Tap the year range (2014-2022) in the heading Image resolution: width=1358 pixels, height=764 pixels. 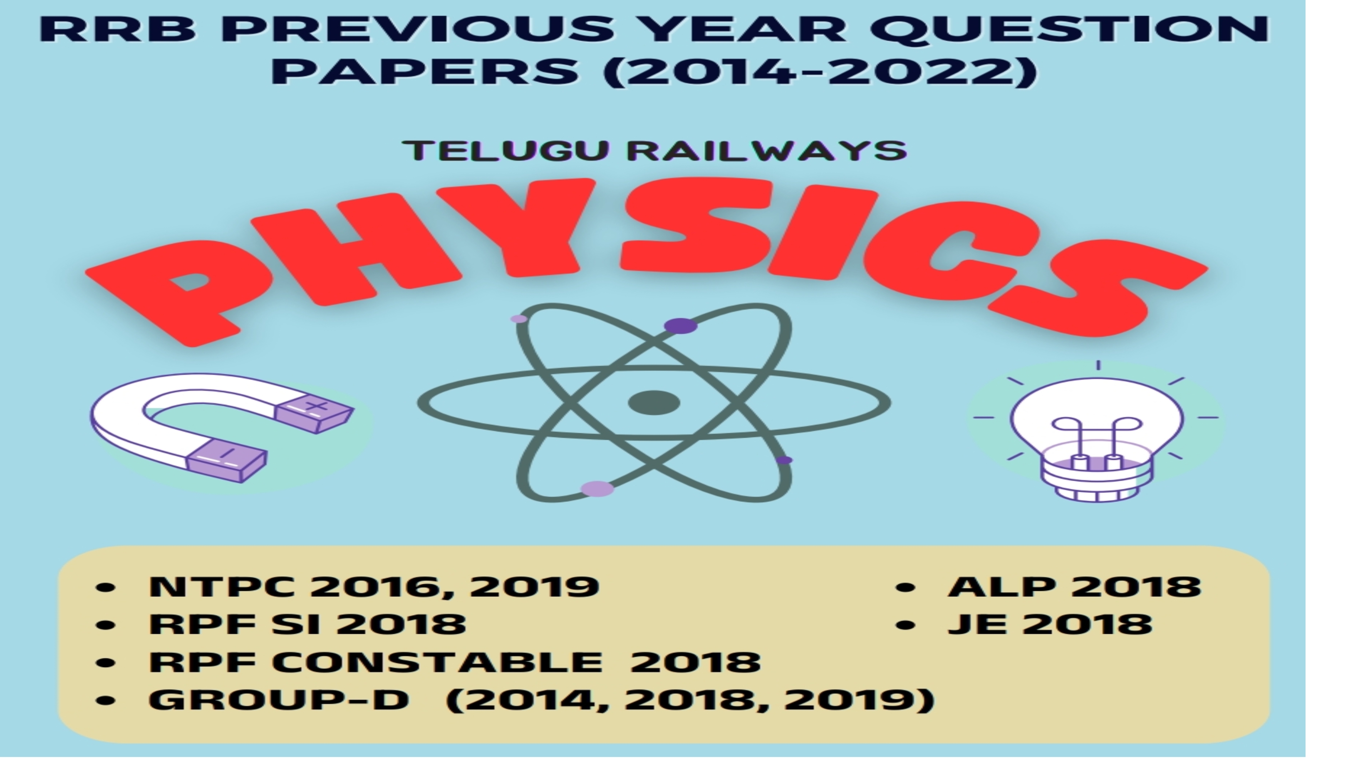coord(820,71)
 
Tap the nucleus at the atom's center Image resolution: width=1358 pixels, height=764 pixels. coord(654,403)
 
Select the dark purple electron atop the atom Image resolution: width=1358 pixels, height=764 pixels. coord(680,326)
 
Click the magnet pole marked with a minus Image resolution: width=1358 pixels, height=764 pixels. coord(227,460)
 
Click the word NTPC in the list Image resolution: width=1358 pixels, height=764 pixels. coord(221,586)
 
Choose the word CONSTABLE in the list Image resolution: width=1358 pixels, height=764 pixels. coord(438,662)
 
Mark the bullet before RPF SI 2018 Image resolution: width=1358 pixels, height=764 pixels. coord(106,625)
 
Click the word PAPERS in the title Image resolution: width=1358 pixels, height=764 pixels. coord(424,71)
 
